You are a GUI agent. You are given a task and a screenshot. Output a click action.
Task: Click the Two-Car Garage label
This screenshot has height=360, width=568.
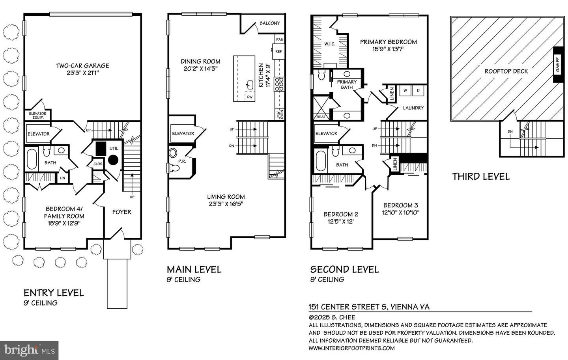(x=82, y=66)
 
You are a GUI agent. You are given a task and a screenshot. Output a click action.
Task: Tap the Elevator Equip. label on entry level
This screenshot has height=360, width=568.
(x=37, y=116)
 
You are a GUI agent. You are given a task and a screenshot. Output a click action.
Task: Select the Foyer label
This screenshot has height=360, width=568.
(x=121, y=212)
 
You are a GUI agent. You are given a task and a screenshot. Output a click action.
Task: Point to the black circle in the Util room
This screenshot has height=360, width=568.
(x=114, y=160)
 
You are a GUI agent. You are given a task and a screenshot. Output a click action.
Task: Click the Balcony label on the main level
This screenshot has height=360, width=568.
(x=269, y=23)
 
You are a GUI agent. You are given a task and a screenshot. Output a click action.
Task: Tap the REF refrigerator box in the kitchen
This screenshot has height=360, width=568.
(x=279, y=51)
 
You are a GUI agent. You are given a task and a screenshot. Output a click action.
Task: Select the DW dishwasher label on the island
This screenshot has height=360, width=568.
(x=249, y=97)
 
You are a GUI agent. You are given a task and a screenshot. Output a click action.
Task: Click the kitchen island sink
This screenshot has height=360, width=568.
(x=250, y=84)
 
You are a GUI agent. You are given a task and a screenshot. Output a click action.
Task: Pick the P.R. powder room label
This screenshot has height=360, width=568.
(x=182, y=161)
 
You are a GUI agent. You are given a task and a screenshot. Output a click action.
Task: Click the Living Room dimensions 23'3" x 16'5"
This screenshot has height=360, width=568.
(x=226, y=204)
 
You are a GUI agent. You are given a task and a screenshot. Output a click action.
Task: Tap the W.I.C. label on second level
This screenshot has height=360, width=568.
(x=330, y=44)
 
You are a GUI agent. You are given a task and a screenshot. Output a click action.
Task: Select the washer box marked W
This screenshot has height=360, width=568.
(x=405, y=91)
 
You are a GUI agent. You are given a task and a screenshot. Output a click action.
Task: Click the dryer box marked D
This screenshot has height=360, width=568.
(x=418, y=91)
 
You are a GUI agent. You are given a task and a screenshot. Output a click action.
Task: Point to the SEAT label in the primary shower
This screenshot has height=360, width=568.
(x=321, y=117)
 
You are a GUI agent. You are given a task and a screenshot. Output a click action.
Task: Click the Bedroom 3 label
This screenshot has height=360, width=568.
(x=400, y=205)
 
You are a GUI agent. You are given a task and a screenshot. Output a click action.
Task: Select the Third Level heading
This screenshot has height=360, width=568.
(x=480, y=176)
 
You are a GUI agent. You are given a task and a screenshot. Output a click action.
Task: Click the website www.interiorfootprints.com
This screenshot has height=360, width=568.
(x=351, y=348)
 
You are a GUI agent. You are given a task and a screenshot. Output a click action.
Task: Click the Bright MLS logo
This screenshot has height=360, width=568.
(x=29, y=350)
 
